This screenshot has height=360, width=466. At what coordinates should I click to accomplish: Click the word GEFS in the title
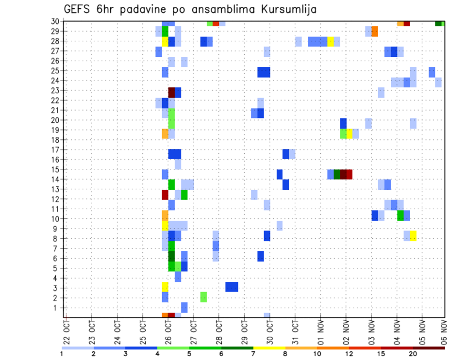pyautogui.click(x=78, y=9)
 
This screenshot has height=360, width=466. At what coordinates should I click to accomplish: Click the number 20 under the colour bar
pyautogui.click(x=413, y=354)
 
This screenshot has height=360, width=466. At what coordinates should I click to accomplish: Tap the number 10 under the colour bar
pyautogui.click(x=317, y=354)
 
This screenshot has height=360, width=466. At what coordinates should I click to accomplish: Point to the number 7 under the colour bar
pyautogui.click(x=253, y=354)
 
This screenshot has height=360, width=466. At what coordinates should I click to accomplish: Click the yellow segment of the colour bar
pyautogui.click(x=269, y=348)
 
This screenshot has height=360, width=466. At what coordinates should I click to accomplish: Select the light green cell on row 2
pyautogui.click(x=203, y=297)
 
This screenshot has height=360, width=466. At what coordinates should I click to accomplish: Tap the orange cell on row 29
pyautogui.click(x=375, y=32)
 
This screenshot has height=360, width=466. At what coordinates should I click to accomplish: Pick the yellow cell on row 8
pyautogui.click(x=413, y=236)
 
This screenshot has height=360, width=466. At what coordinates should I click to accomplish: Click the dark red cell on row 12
pyautogui.click(x=165, y=195)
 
